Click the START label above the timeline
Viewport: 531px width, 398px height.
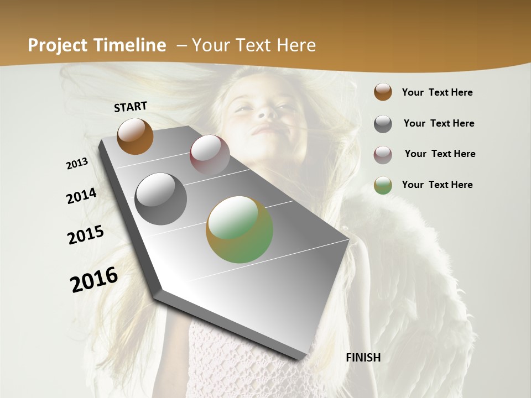pos(131,107)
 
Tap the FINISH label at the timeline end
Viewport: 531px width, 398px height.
pos(363,358)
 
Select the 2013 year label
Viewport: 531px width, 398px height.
pos(77,164)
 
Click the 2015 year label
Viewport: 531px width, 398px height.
pos(86,235)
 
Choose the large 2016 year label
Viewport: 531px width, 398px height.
pos(94,280)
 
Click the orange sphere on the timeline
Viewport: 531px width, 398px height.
pos(135,136)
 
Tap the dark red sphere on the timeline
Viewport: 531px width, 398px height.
pos(210,155)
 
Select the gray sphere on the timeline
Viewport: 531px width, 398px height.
pos(161,199)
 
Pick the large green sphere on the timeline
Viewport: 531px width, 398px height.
pos(240,229)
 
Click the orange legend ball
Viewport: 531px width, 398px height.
pos(383,92)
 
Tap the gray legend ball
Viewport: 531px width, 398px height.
pos(383,124)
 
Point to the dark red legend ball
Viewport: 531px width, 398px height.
pos(383,155)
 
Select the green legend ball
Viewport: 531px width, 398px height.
pos(383,185)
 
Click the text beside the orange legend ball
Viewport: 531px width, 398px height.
pos(437,92)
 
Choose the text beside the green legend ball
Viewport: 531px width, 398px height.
pos(437,185)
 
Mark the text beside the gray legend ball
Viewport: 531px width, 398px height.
pos(439,123)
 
